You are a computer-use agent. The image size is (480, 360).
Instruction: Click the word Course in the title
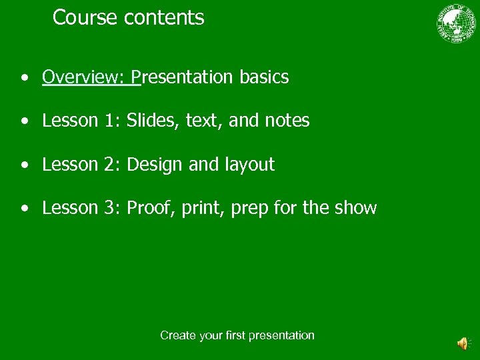85,17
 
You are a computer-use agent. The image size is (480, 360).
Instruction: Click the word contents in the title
164,17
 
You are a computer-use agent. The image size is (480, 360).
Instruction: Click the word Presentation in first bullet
183,77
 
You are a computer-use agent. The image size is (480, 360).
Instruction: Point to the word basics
264,77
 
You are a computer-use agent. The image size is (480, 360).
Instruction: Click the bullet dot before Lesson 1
24,121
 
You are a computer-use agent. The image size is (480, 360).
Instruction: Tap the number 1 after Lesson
109,121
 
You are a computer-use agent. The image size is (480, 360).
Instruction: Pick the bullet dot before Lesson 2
24,165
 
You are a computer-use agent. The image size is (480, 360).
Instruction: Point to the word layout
251,165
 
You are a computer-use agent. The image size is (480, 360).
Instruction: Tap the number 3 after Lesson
110,208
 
